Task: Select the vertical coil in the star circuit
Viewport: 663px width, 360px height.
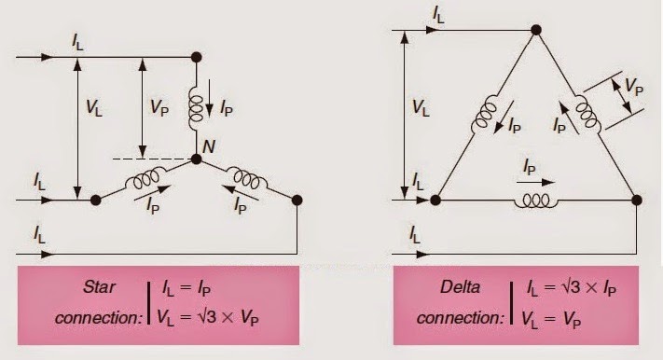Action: (196, 109)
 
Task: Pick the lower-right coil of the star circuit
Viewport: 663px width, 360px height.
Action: (248, 177)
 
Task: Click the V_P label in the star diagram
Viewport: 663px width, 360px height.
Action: (159, 107)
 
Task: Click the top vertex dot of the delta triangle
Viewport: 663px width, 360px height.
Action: (536, 30)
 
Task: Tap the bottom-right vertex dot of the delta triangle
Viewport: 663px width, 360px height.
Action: (637, 200)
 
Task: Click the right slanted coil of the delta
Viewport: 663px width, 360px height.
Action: (587, 112)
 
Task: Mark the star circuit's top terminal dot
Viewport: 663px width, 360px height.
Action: (196, 57)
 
